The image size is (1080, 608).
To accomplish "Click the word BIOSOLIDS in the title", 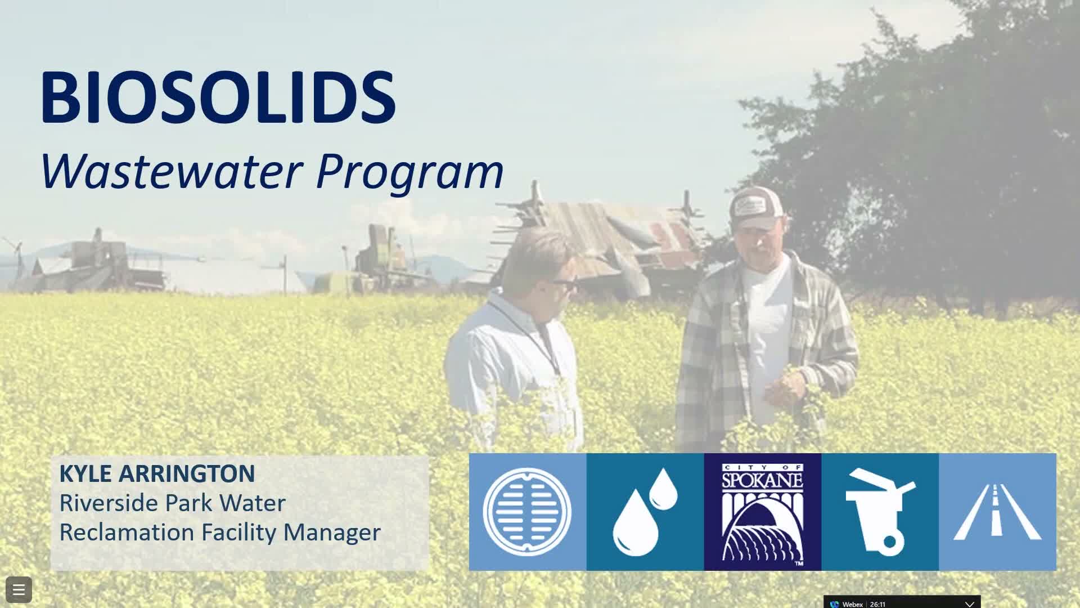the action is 218,97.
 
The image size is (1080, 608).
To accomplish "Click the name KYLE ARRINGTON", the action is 157,473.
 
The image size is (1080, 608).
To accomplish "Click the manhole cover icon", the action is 527,512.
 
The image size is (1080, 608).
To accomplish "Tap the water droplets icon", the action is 645,512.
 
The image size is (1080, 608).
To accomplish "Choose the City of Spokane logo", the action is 763,512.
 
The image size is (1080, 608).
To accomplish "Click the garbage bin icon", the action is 880,512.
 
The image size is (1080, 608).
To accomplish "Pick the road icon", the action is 997,512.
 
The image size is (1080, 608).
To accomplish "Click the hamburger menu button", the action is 19,590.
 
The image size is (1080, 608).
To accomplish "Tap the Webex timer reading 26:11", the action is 877,604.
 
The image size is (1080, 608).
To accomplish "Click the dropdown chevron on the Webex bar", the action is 969,603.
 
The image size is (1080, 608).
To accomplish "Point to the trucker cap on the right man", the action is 755,208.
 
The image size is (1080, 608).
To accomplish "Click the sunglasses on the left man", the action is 564,283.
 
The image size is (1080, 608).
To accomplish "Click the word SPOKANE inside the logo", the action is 762,480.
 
